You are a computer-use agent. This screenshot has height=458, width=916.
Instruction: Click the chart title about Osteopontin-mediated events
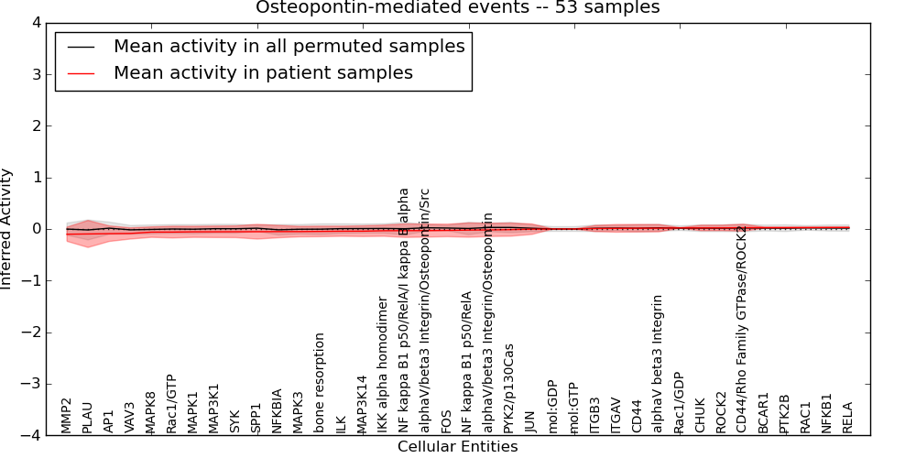click(x=457, y=8)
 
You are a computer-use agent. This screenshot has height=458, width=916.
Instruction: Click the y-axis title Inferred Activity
click(x=7, y=229)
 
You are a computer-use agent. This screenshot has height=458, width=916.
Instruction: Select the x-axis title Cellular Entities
click(x=457, y=447)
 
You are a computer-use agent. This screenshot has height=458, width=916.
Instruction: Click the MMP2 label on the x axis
click(x=67, y=415)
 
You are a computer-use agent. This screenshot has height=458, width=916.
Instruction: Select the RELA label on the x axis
click(x=848, y=417)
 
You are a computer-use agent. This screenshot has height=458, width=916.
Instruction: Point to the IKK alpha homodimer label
click(x=383, y=365)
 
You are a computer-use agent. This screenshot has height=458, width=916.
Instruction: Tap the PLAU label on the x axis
click(x=88, y=417)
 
